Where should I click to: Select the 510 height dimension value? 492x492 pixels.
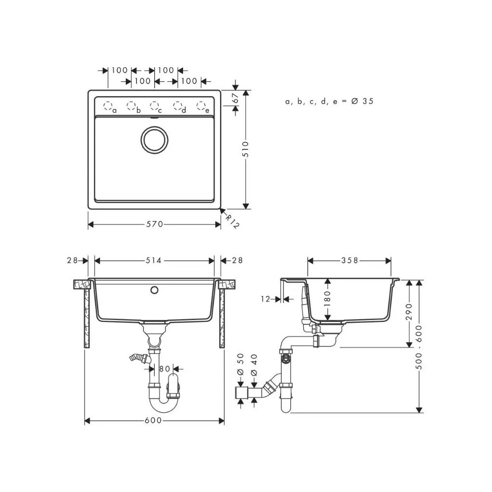[x=246, y=149]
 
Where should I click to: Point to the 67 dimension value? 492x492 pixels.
[x=235, y=98]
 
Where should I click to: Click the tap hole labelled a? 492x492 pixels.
[x=108, y=106]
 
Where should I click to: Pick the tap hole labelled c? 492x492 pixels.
[x=154, y=106]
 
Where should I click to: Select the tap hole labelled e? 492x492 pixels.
[x=201, y=106]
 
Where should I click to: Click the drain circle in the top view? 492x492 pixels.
[x=154, y=140]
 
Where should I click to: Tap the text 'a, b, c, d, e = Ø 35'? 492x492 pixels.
[x=329, y=101]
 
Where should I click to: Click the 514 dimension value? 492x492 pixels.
[x=154, y=260]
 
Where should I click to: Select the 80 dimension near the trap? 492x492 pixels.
[x=165, y=369]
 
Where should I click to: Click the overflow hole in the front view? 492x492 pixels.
[x=154, y=290]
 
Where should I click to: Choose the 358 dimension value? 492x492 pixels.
[x=349, y=260]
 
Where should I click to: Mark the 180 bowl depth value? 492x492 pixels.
[x=328, y=299]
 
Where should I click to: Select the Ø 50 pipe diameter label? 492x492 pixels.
[x=241, y=366]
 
